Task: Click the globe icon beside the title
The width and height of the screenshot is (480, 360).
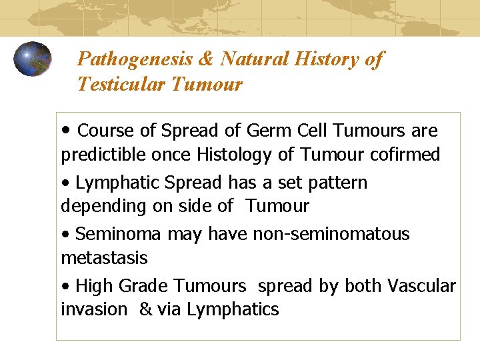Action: click(33, 59)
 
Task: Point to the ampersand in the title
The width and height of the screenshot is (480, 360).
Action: click(206, 59)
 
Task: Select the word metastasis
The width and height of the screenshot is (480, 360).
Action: click(104, 257)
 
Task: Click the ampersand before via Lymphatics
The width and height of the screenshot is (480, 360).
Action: click(145, 309)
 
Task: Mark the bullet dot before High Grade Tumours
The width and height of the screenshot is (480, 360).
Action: click(65, 287)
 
